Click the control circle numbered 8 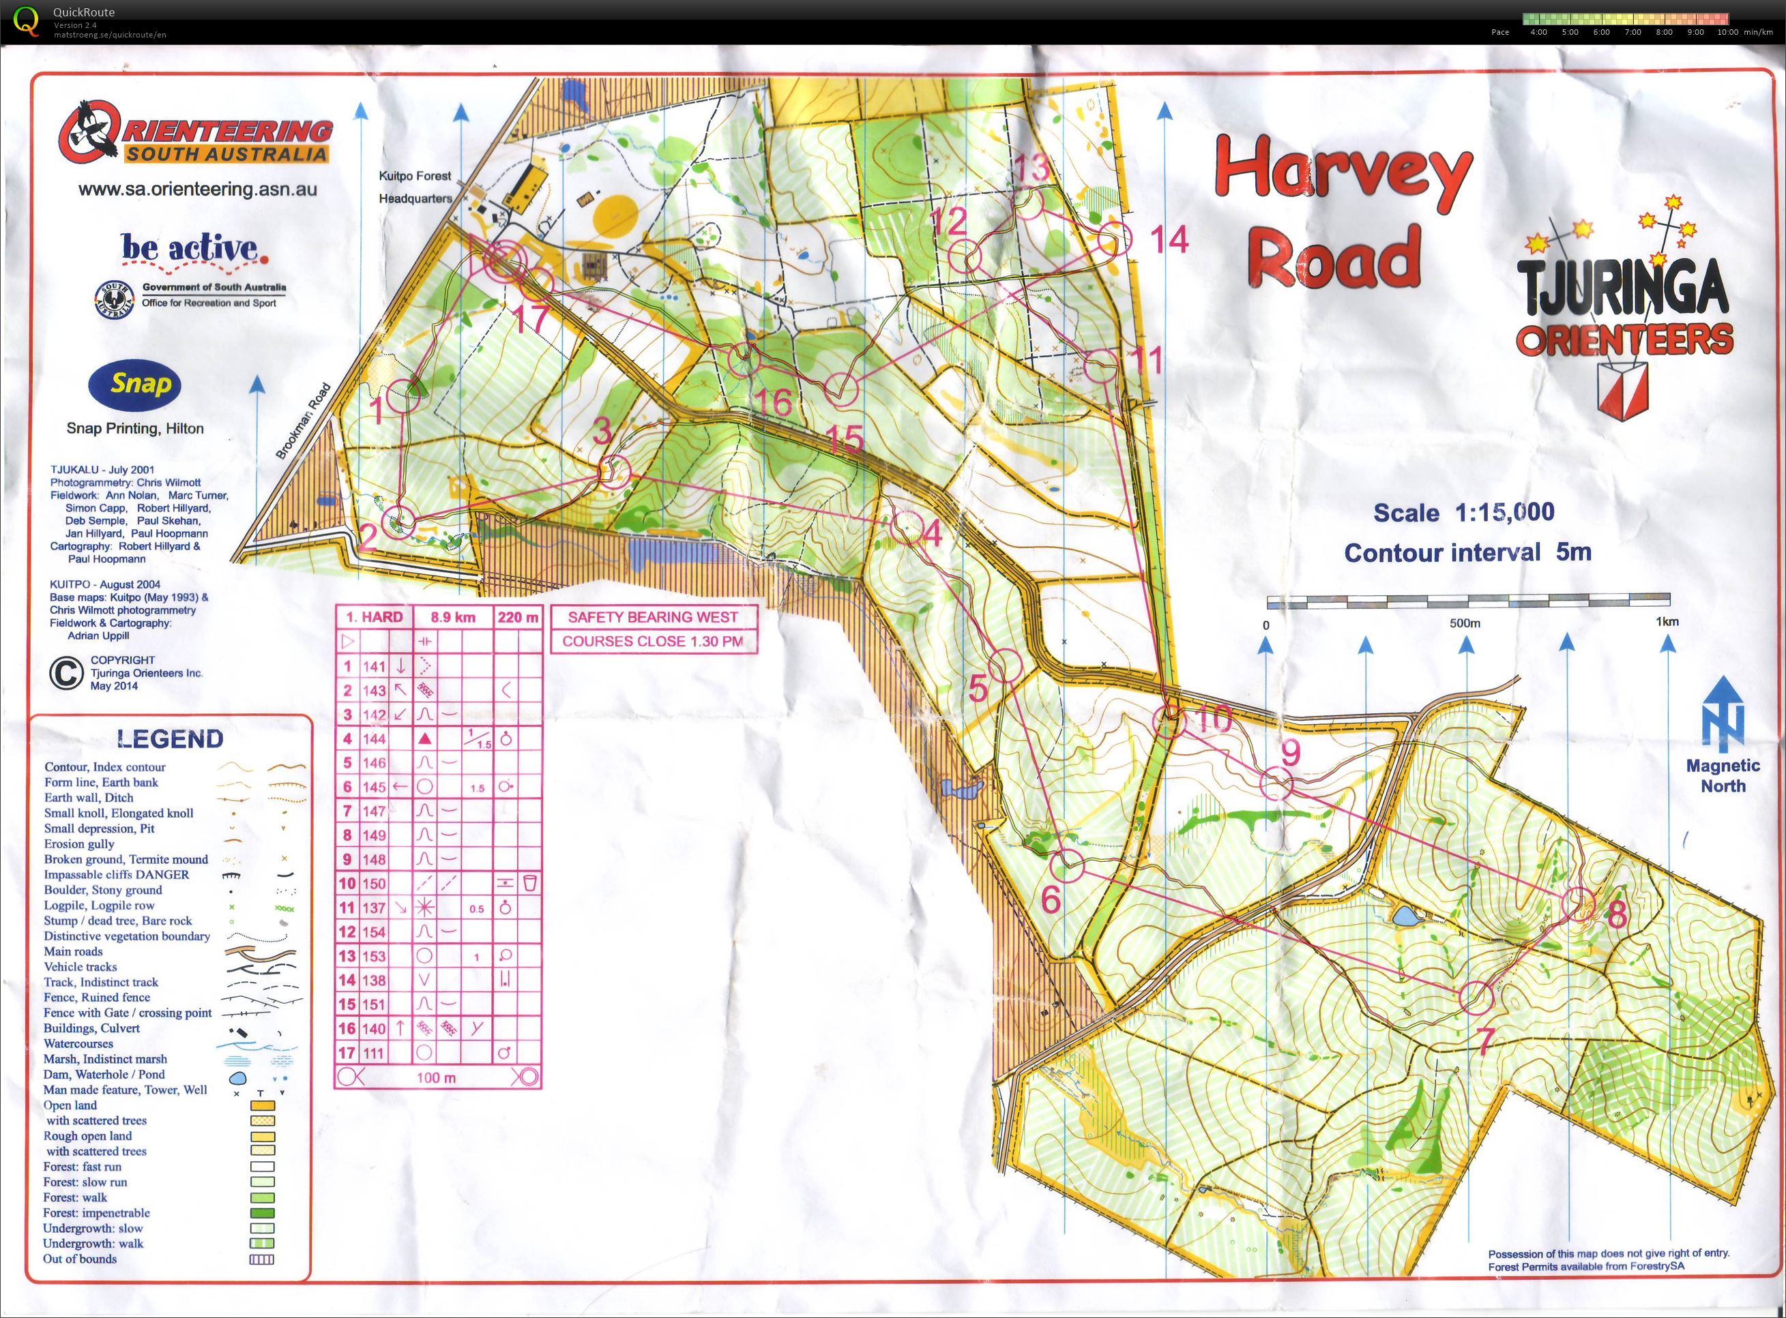click(x=1578, y=904)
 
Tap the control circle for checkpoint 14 click(x=1114, y=239)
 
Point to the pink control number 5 click(x=978, y=688)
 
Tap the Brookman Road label click(x=304, y=421)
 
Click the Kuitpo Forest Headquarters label click(x=415, y=187)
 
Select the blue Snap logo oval click(x=135, y=385)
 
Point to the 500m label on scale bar click(x=1465, y=623)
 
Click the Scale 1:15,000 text click(x=1463, y=512)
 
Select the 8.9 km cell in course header click(x=452, y=616)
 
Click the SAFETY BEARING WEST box click(x=652, y=616)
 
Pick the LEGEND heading click(x=170, y=739)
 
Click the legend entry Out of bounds click(x=80, y=1259)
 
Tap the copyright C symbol click(x=66, y=674)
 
